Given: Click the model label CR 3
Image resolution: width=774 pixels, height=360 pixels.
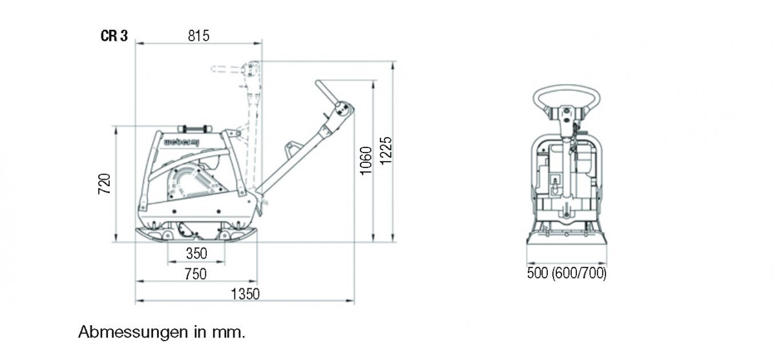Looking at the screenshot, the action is (x=114, y=37).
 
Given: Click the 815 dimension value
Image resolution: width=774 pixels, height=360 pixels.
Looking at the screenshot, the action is (x=199, y=36).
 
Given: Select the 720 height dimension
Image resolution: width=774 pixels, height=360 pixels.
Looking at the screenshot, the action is (x=105, y=184).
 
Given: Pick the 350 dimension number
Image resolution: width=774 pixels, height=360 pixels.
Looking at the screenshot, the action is (x=196, y=254).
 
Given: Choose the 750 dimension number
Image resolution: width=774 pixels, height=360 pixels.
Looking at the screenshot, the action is (x=196, y=273).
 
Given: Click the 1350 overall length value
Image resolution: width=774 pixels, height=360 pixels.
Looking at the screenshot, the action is (x=245, y=294).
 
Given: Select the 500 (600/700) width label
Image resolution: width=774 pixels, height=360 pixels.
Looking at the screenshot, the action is (x=567, y=273).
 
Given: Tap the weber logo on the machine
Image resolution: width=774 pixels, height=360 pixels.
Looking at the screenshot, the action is (x=181, y=142).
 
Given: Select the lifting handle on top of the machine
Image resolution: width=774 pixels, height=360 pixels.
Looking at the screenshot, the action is (x=195, y=128).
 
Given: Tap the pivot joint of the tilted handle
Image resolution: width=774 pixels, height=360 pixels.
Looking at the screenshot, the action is (x=342, y=110).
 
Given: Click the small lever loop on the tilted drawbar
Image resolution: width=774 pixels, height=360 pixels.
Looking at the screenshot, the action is (x=293, y=147).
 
